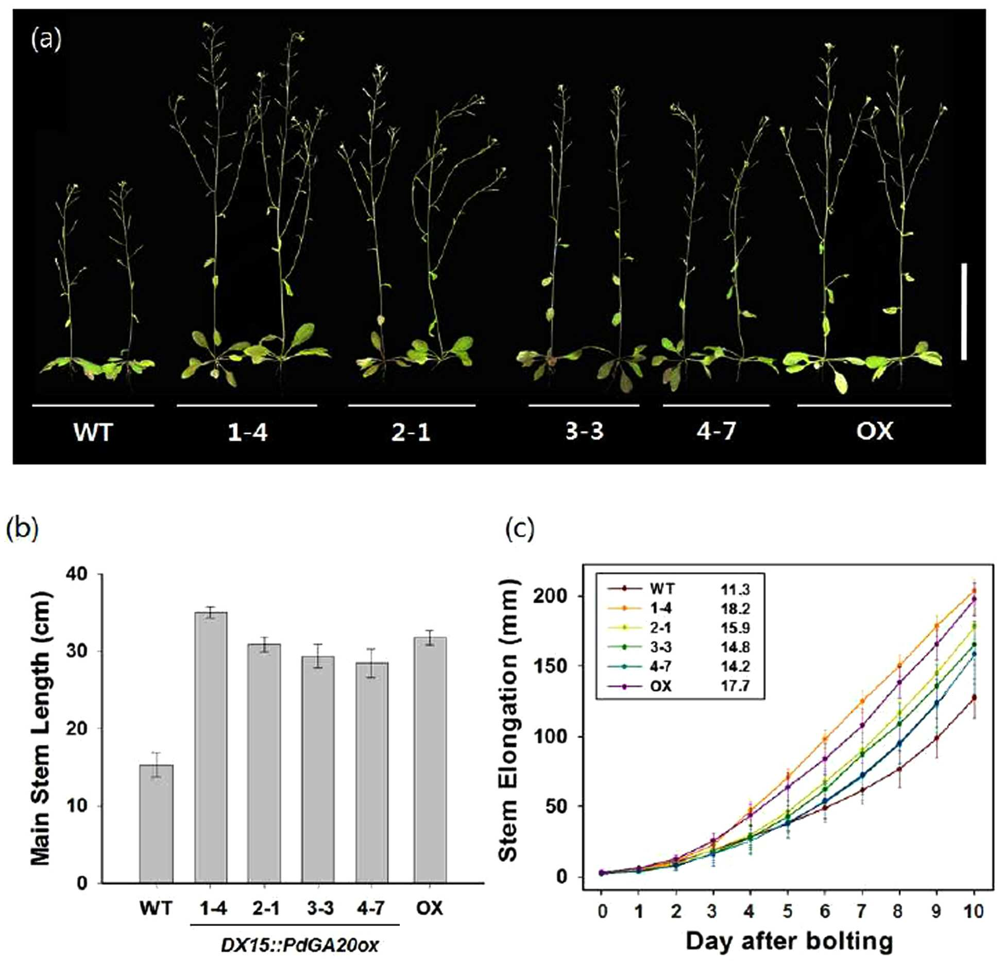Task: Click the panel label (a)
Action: (x=46, y=40)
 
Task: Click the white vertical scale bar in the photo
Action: (x=963, y=311)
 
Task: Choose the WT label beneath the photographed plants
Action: (x=93, y=431)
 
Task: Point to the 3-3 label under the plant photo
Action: (x=584, y=431)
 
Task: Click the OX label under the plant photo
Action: (x=874, y=431)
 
